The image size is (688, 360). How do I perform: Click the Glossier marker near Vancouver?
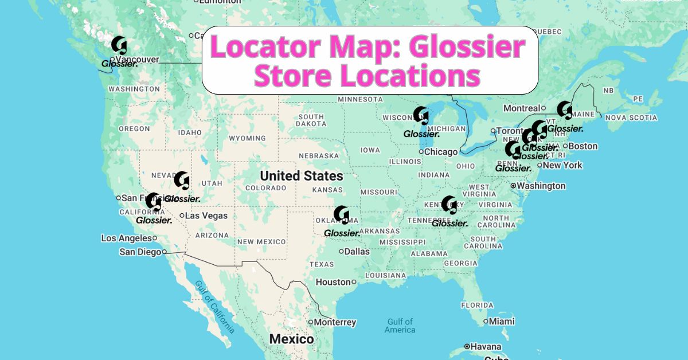pyautogui.click(x=119, y=45)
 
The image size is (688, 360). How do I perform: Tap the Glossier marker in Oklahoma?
pyautogui.click(x=341, y=214)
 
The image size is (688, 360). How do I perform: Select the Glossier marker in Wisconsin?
pyautogui.click(x=421, y=115)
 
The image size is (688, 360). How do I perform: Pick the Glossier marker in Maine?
pyautogui.click(x=564, y=109)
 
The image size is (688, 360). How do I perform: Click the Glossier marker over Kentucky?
pyautogui.click(x=449, y=205)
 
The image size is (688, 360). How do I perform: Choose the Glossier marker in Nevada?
pyautogui.click(x=182, y=180)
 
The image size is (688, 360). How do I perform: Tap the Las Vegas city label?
pyautogui.click(x=206, y=216)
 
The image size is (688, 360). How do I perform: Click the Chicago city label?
pyautogui.click(x=441, y=152)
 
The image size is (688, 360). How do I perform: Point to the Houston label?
pyautogui.click(x=333, y=282)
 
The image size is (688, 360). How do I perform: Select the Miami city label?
pyautogui.click(x=502, y=322)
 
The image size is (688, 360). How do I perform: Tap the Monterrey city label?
pyautogui.click(x=335, y=323)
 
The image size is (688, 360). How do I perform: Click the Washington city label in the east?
pyautogui.click(x=541, y=186)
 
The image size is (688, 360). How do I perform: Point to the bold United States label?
pyautogui.click(x=301, y=176)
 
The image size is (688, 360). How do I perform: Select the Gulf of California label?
pyautogui.click(x=214, y=307)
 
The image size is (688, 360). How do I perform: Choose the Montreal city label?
pyautogui.click(x=522, y=108)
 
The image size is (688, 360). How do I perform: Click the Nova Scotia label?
pyautogui.click(x=631, y=118)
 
